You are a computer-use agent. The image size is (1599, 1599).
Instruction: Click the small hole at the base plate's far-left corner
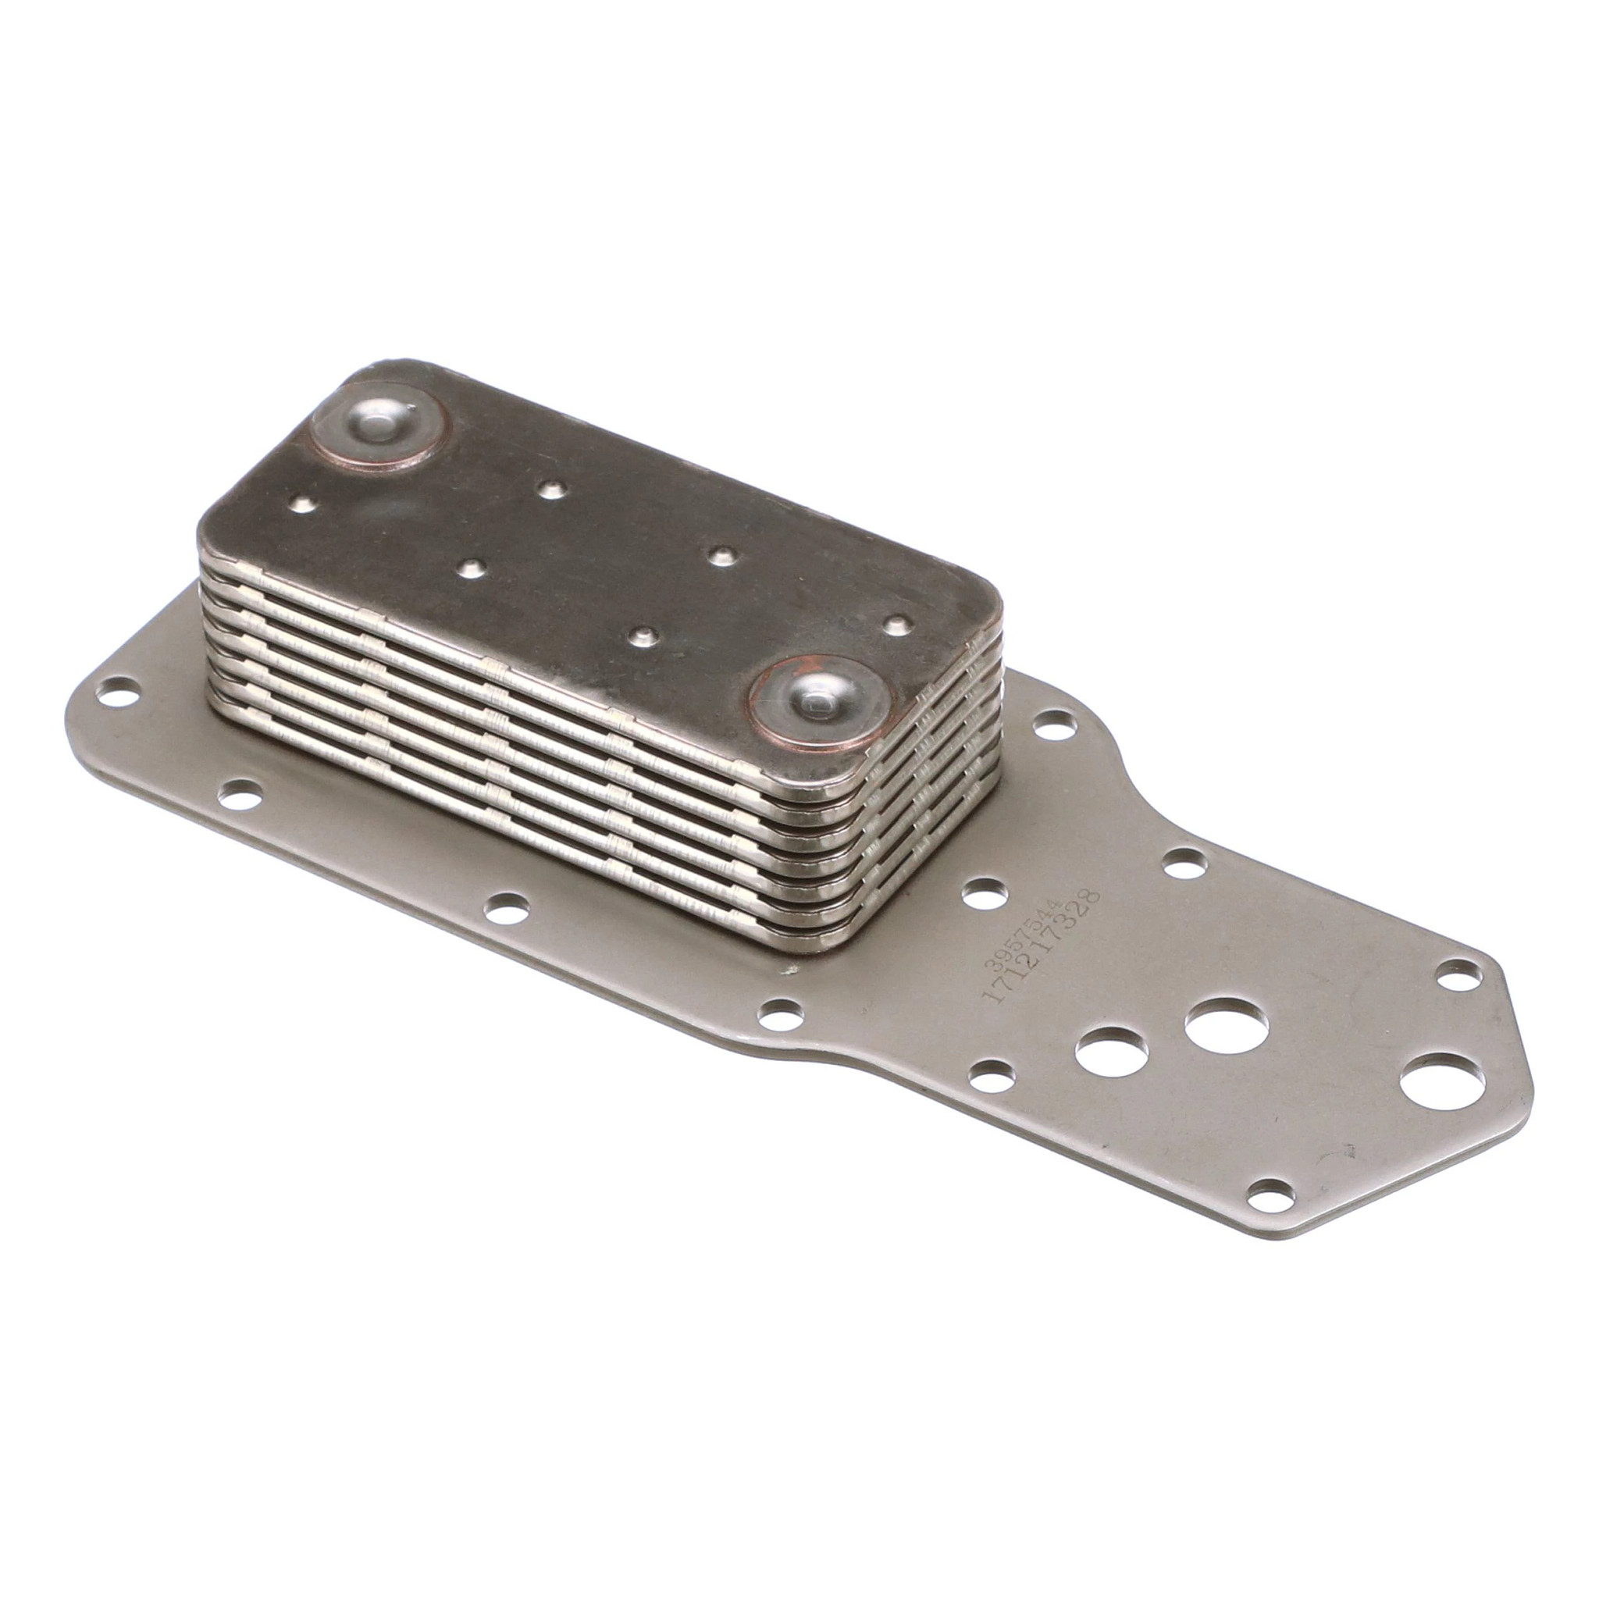point(120,692)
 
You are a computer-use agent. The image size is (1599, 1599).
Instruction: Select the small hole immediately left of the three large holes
point(991,1077)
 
